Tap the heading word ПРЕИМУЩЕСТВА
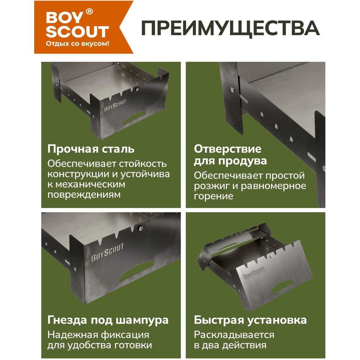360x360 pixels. pyautogui.click(x=230, y=28)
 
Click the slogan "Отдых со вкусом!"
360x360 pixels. pyautogui.click(x=77, y=44)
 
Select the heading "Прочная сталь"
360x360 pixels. pyautogui.click(x=91, y=149)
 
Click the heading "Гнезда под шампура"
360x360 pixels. pyautogui.click(x=108, y=320)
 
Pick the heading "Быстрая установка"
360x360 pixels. pyautogui.click(x=250, y=320)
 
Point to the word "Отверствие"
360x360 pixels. pyautogui.click(x=228, y=149)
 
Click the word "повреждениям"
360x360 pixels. pyautogui.click(x=84, y=195)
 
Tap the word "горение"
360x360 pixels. pyautogui.click(x=213, y=196)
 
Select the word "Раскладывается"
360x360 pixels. pyautogui.click(x=234, y=335)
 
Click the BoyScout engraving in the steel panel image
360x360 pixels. pyautogui.click(x=115, y=105)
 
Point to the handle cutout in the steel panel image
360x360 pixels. pyautogui.click(x=135, y=118)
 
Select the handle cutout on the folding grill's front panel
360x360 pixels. pyautogui.click(x=282, y=287)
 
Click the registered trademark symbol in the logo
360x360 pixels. pyautogui.click(x=89, y=12)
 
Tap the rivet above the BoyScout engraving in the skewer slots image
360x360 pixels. pyautogui.click(x=140, y=228)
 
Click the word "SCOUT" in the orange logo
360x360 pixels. pyautogui.click(x=77, y=32)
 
